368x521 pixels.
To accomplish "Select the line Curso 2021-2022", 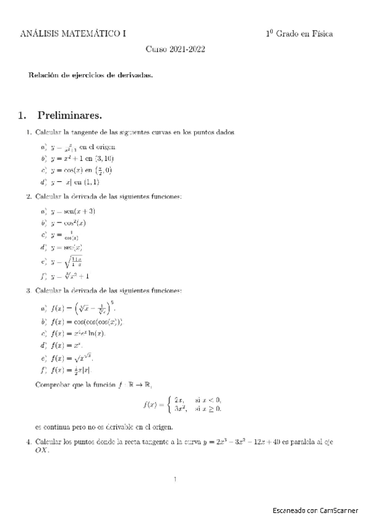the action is (175, 51).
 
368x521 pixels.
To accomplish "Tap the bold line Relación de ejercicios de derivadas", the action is (90, 76).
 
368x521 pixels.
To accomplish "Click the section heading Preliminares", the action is (69, 115).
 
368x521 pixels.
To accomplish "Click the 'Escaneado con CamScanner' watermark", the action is (316, 511).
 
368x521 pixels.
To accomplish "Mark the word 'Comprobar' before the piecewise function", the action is (54, 385).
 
